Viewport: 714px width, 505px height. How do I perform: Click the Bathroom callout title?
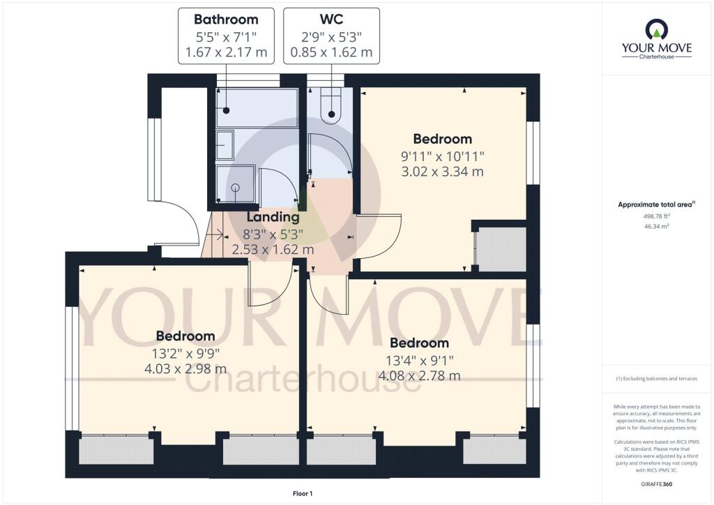click(226, 20)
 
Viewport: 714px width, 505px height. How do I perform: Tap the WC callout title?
click(331, 20)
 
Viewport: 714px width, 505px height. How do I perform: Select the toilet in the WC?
click(331, 105)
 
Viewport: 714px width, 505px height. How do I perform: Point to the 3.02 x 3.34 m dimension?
click(442, 172)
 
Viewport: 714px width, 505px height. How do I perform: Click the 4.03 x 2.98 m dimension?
click(185, 369)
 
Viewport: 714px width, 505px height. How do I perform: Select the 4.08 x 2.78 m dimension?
click(419, 376)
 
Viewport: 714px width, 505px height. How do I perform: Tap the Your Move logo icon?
click(656, 29)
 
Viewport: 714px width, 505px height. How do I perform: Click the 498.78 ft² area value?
click(657, 216)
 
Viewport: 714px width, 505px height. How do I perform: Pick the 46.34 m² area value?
click(657, 227)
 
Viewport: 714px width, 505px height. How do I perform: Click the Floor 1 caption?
click(302, 494)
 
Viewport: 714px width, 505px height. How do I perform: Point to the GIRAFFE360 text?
click(657, 483)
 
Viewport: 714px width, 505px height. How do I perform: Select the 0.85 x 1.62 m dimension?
click(331, 52)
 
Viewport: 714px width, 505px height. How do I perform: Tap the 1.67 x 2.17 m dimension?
click(226, 52)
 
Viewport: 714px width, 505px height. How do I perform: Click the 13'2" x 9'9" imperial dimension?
click(185, 353)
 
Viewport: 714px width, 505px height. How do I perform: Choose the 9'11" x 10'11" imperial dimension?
click(442, 156)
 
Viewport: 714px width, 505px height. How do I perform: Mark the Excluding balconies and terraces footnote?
click(657, 379)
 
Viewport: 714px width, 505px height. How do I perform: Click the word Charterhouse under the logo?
click(656, 56)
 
